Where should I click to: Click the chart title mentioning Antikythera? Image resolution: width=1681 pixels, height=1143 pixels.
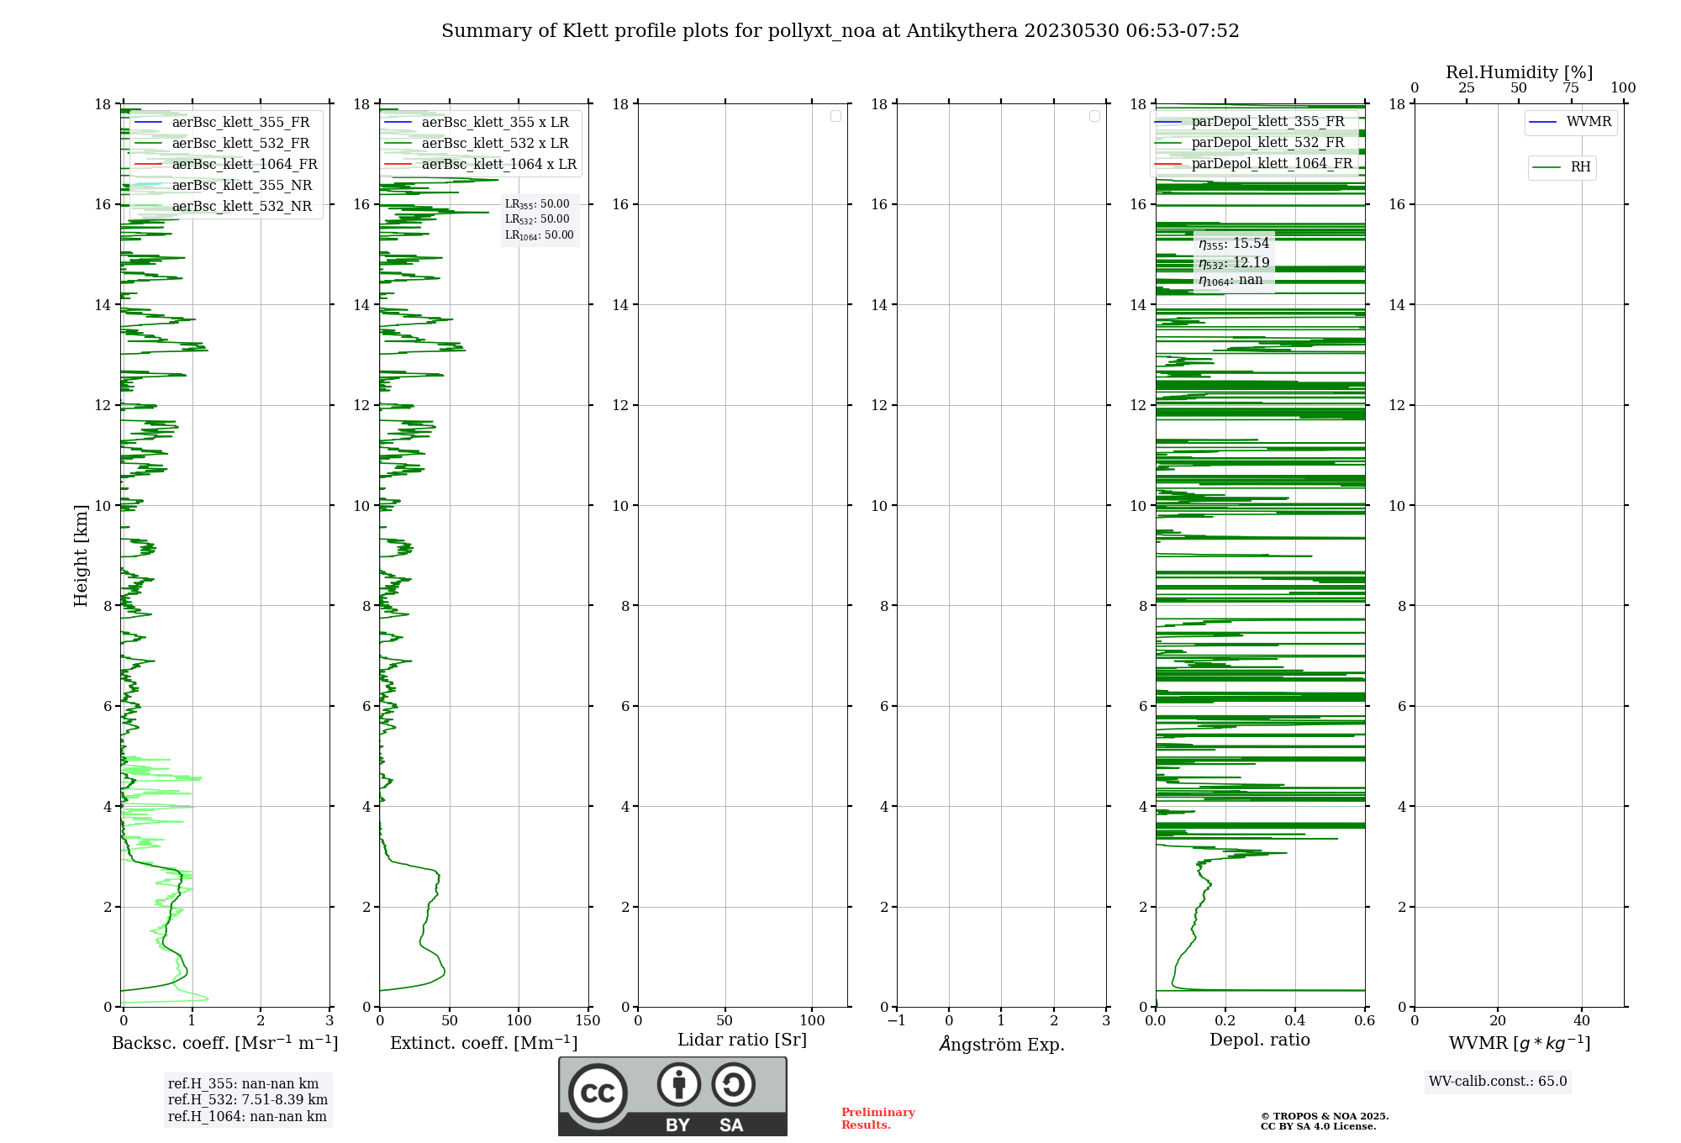coord(840,31)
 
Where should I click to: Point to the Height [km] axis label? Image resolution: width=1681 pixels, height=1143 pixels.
coord(81,556)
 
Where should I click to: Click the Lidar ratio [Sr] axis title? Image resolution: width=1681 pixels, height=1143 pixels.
coord(742,1040)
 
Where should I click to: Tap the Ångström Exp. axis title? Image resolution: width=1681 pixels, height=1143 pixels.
coord(1001,1044)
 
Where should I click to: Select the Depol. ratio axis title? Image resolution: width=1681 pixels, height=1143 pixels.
coord(1259,1040)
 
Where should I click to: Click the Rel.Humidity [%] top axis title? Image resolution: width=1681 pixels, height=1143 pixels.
coord(1519,72)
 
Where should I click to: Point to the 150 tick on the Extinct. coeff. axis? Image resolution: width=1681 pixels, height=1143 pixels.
coord(588,1020)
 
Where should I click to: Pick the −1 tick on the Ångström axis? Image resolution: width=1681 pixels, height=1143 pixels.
coord(897,1020)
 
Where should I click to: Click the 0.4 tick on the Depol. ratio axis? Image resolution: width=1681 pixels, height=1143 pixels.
coord(1295,1020)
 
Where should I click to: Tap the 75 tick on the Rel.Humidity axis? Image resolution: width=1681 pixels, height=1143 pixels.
coord(1571,87)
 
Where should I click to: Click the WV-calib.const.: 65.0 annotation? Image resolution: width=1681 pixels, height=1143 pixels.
coord(1498,1081)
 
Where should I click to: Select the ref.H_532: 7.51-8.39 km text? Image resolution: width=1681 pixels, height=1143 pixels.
coord(247,1099)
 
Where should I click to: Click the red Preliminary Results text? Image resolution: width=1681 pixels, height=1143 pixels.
coord(877,1118)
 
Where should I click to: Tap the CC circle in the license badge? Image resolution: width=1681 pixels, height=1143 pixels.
coord(598,1093)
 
